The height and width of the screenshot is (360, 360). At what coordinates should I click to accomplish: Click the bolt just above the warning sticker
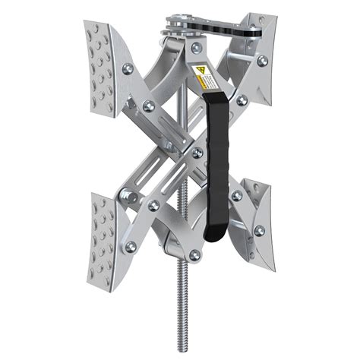click(x=197, y=48)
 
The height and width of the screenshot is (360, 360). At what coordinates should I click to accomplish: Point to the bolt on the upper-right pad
click(x=263, y=60)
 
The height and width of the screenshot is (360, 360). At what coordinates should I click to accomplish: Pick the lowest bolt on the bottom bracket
click(x=193, y=254)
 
